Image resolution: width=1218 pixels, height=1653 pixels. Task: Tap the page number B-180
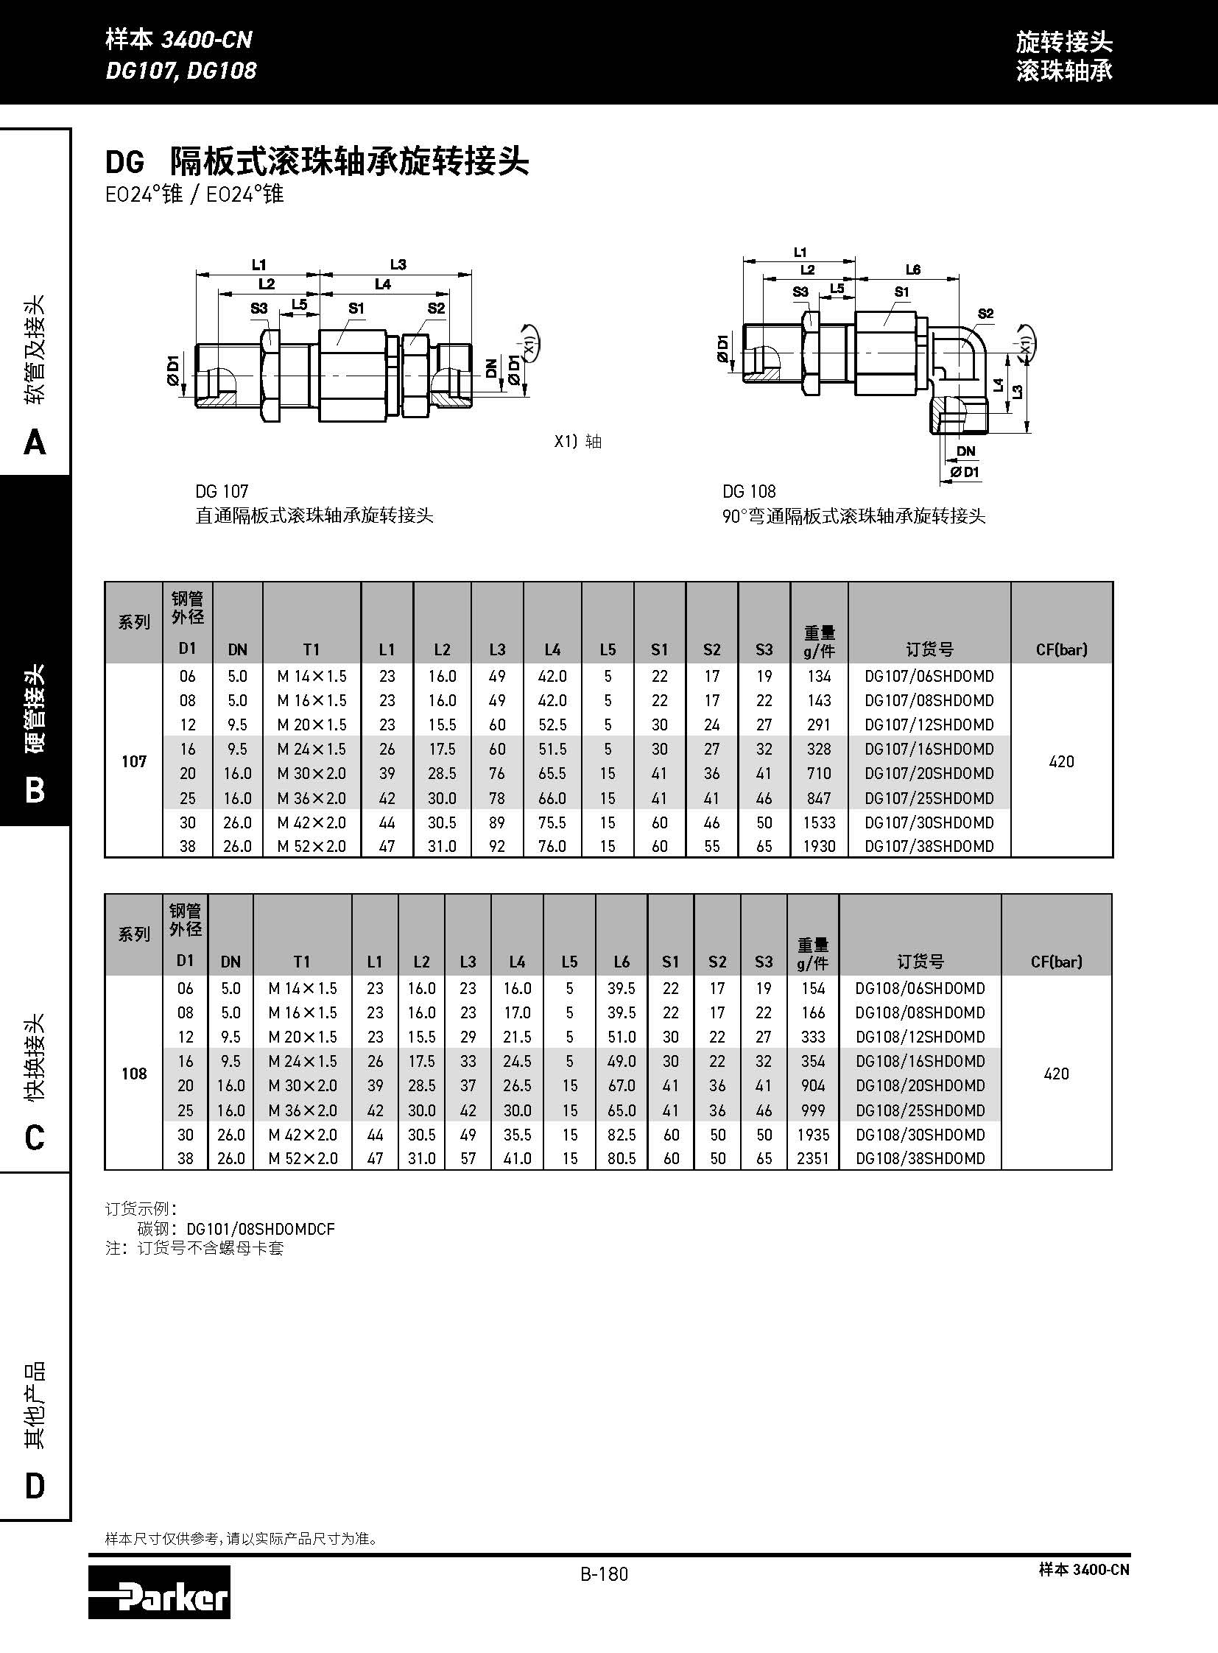(604, 1574)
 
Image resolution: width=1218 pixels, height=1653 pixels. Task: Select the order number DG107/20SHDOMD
(929, 773)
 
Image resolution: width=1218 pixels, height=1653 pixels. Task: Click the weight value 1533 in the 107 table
(818, 822)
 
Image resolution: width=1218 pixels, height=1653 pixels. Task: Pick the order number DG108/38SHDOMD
(920, 1158)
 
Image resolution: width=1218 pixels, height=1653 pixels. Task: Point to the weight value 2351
(812, 1158)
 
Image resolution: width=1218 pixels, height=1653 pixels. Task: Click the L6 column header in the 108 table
(622, 962)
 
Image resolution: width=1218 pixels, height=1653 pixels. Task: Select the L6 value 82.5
(622, 1135)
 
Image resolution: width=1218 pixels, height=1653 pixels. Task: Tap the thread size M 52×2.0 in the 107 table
(311, 847)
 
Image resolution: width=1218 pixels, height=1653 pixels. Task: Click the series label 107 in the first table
(133, 761)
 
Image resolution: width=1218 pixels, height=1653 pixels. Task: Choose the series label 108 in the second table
(133, 1074)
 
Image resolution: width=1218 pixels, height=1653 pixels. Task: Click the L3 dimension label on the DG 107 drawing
(398, 264)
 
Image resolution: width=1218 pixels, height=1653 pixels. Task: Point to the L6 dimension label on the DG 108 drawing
(912, 269)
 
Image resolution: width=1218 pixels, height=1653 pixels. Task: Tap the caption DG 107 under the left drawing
(222, 491)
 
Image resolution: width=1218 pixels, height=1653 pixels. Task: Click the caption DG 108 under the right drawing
(749, 491)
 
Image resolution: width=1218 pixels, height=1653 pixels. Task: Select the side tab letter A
(35, 443)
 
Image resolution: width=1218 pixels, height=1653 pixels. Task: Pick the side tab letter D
(35, 1486)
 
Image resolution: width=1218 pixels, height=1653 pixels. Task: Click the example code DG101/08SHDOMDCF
(260, 1229)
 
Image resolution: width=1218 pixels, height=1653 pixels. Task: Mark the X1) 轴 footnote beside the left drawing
(578, 442)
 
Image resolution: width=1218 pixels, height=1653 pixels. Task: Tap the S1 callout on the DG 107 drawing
(356, 309)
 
